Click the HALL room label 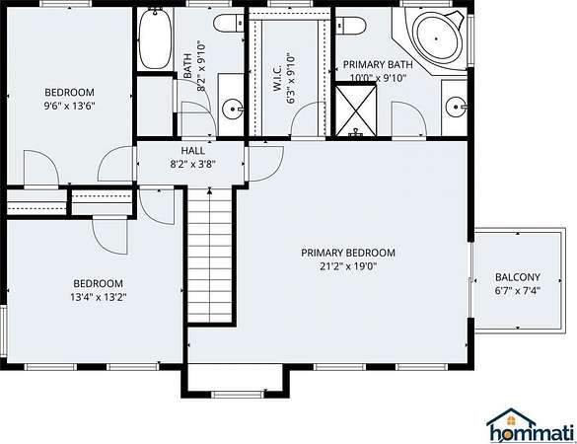coord(192,151)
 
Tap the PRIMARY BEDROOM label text coord(348,253)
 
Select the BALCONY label coord(518,277)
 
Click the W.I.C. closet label coord(277,77)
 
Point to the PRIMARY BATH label coord(378,64)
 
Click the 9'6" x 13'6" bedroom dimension coord(70,107)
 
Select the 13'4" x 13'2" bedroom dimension coord(99,297)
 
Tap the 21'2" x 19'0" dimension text coord(348,266)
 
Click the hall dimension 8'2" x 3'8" coord(192,164)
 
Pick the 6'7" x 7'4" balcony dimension coord(518,291)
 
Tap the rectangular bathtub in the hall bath coord(155,38)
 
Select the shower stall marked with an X coord(355,110)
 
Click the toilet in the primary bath coord(351,26)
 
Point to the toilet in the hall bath coord(229,24)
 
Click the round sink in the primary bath coord(456,107)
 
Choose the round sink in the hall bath coord(233,109)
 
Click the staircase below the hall coord(210,256)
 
